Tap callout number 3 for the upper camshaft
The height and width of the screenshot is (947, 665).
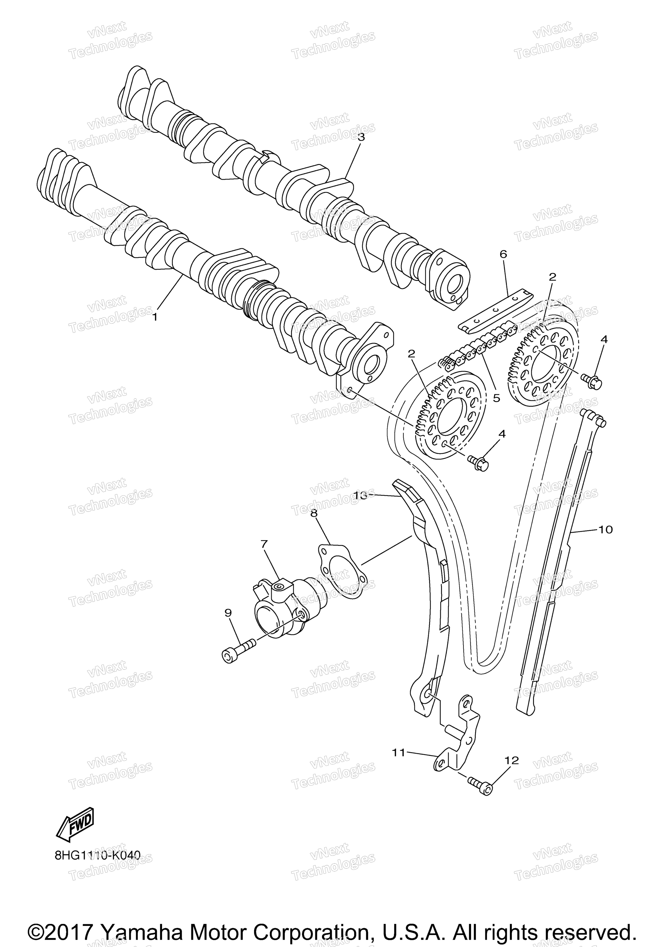[361, 137]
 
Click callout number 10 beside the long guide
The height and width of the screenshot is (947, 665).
[605, 529]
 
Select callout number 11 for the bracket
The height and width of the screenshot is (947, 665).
[399, 753]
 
